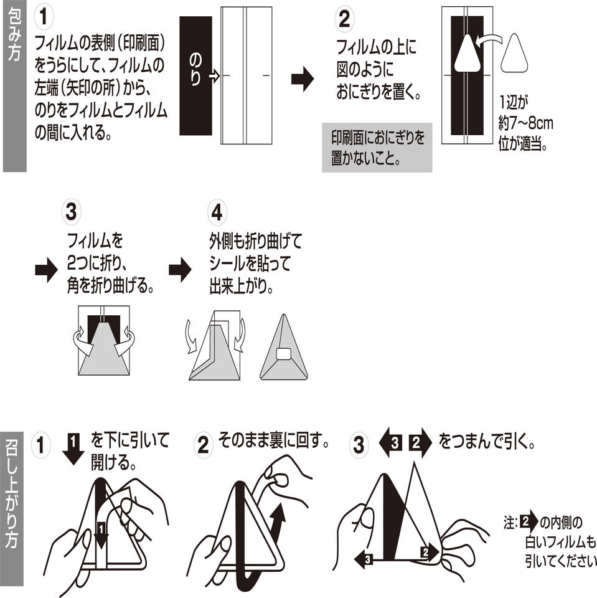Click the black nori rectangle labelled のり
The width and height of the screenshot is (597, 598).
(195, 75)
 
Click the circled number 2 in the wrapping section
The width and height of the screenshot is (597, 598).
(343, 21)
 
